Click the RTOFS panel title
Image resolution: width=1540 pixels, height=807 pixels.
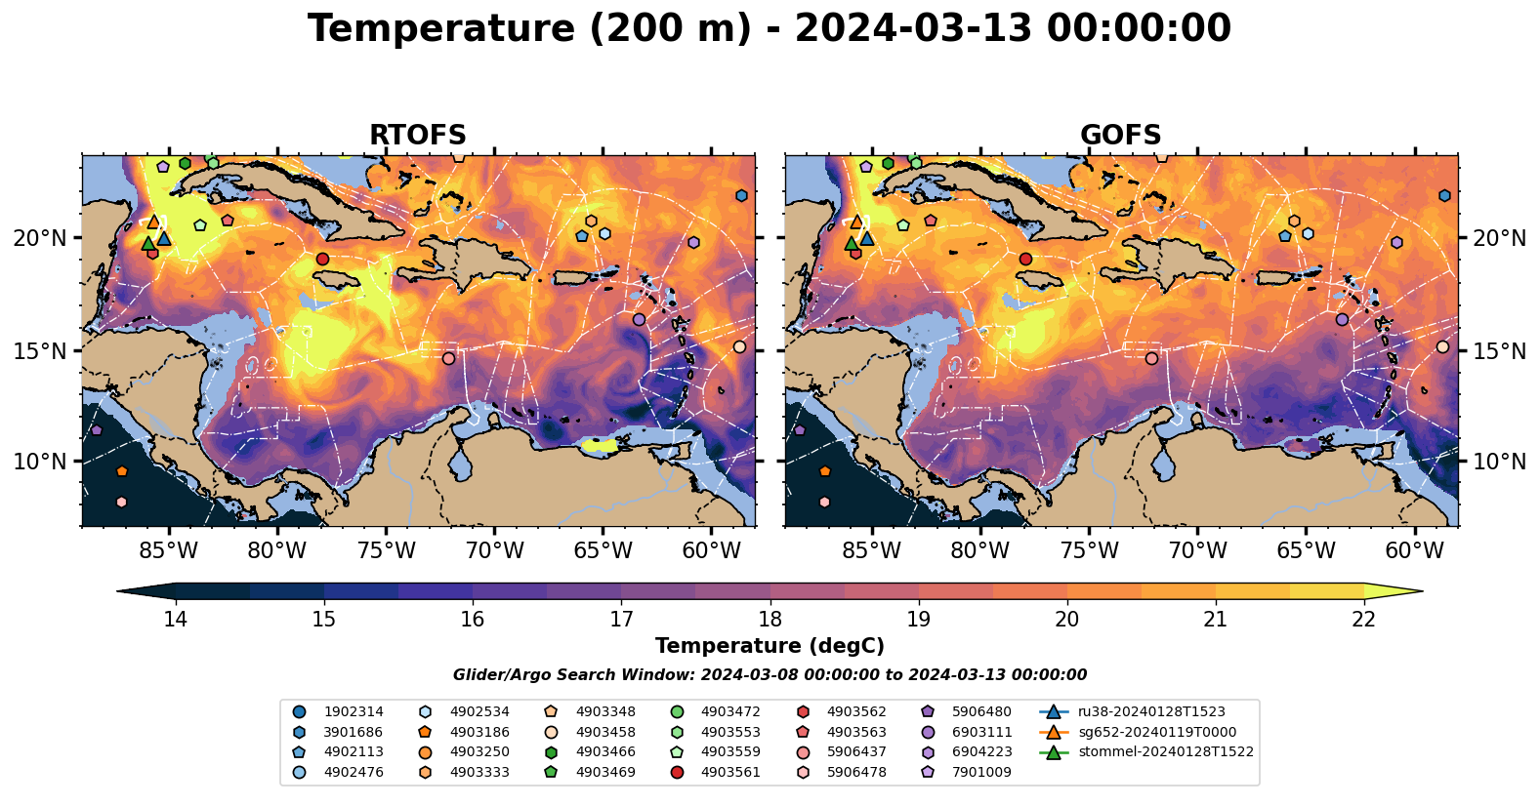pos(417,135)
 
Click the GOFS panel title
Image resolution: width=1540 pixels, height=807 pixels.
pos(1120,135)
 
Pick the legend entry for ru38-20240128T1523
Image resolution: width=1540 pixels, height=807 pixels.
pos(1151,712)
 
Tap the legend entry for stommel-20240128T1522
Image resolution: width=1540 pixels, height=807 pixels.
pos(1165,752)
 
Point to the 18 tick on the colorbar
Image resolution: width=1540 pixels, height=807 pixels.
pos(770,619)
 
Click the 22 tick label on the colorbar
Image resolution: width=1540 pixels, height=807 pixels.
pos(1363,619)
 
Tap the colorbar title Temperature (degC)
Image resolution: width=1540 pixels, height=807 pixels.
pos(770,646)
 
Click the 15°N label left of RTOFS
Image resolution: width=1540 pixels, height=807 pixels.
pos(40,350)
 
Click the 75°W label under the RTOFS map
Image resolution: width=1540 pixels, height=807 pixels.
pos(386,550)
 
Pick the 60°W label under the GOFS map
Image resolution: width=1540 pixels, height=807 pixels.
pos(1414,550)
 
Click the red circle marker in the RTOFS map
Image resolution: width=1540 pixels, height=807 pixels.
pos(322,259)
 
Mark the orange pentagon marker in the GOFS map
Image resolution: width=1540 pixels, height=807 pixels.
pos(824,471)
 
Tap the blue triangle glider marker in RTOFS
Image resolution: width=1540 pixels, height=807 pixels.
pos(164,238)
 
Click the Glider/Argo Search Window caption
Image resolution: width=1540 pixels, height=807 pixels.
pos(770,675)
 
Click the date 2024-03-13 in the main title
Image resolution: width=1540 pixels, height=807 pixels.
pos(913,29)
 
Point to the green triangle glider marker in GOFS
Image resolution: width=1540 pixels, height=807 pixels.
pos(851,244)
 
